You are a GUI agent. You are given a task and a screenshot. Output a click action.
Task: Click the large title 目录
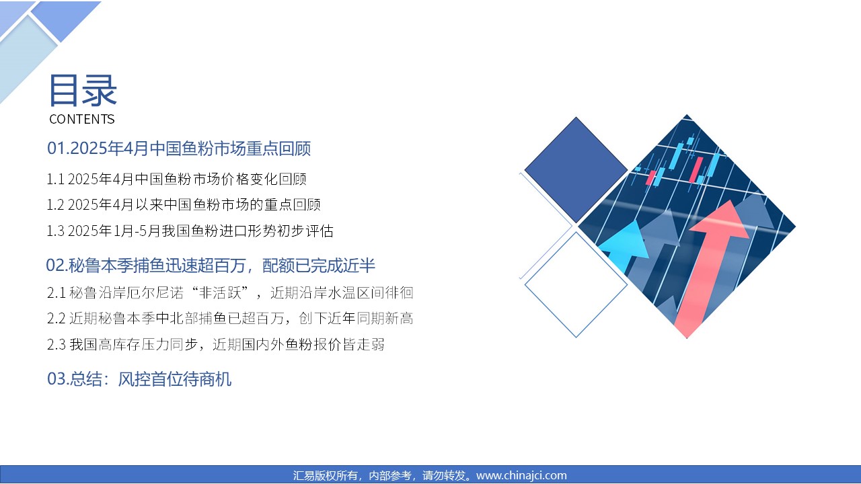coord(83,91)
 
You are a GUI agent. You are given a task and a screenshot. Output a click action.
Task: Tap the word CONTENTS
coord(82,119)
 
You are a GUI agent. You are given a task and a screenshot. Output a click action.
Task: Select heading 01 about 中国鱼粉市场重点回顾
coord(179,149)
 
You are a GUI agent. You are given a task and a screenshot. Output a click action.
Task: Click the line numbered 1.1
coord(176,179)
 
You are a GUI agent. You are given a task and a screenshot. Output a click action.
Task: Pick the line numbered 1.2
coord(184,205)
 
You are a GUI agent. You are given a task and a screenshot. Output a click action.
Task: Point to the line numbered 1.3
coord(190,231)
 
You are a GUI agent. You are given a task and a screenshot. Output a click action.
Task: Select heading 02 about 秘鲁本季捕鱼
coord(211,266)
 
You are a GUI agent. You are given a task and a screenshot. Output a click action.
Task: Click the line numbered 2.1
coord(230,292)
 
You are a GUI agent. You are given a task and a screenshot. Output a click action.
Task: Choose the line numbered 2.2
coord(230,319)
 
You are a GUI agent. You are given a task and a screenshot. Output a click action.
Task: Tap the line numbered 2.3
coord(216,344)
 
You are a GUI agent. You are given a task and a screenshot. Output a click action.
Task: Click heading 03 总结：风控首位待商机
coord(139,379)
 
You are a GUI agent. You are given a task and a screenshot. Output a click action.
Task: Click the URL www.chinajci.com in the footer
coord(521,475)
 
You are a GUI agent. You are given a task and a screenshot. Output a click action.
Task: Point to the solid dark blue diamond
coord(576,170)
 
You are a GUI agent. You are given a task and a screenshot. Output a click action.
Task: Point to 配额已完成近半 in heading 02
coord(319,266)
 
